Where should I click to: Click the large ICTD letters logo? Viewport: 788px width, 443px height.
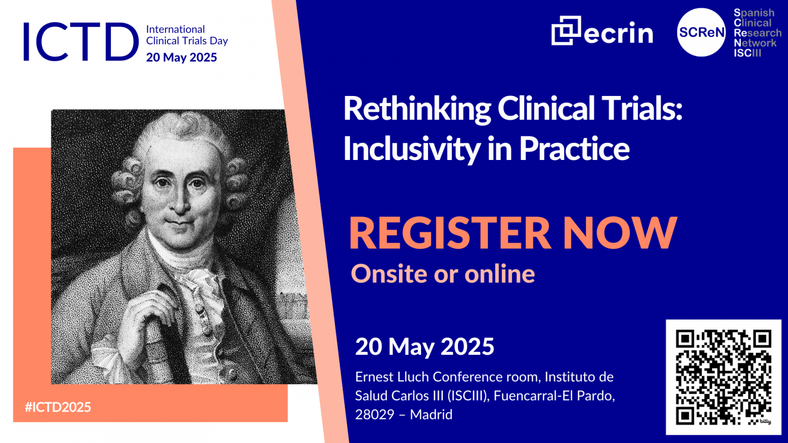point(81,41)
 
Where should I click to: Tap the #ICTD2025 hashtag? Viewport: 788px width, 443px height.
point(58,407)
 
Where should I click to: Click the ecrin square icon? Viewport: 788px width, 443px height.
point(566,31)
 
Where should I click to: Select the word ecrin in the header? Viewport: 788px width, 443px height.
point(618,33)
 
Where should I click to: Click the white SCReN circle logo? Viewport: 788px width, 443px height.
point(701,32)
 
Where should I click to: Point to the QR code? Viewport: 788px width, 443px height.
point(723,377)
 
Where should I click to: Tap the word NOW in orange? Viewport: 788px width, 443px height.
point(620,233)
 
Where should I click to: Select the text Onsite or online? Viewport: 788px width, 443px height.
point(443,274)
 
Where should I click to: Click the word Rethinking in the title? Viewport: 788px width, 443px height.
point(417,109)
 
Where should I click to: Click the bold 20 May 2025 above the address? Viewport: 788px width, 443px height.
point(425,347)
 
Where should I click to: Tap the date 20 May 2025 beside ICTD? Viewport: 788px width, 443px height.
point(182,57)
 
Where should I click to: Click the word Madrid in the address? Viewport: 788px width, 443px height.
point(431,415)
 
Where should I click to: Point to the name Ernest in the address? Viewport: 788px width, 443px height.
point(374,377)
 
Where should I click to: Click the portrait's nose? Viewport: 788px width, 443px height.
point(181,203)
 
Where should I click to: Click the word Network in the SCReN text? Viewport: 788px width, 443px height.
point(755,43)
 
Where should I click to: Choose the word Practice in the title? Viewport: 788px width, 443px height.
point(574,149)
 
